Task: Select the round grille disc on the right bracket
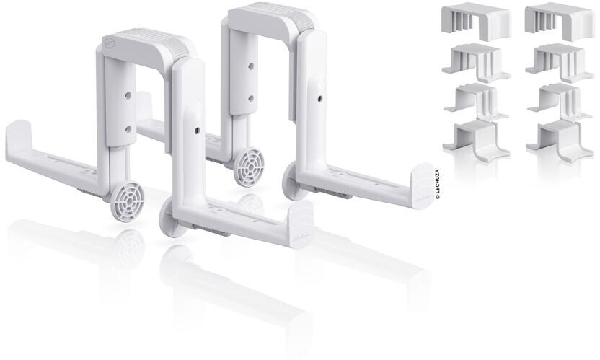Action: tap(251, 162)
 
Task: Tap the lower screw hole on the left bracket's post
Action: tap(128, 128)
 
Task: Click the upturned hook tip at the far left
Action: tap(17, 136)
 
